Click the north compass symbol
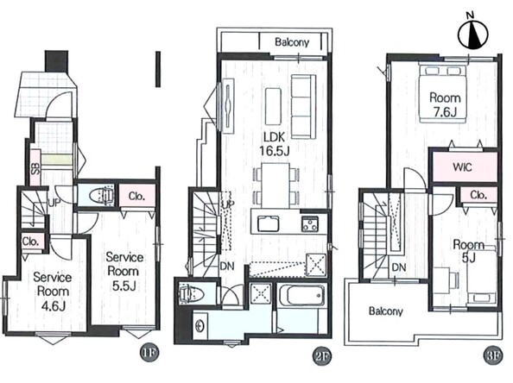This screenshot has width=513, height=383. click(472, 33)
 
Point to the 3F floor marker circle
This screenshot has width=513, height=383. click(492, 356)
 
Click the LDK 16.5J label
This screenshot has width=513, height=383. click(275, 144)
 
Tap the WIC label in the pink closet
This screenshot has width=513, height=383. click(462, 167)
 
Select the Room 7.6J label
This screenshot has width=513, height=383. click(445, 104)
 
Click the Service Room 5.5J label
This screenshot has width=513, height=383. click(124, 271)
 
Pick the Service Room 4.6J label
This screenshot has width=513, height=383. click(53, 292)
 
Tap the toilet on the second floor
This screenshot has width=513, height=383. click(191, 292)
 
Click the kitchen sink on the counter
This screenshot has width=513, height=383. click(269, 223)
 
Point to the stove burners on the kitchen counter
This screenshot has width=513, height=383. click(310, 224)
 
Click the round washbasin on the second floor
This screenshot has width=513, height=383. click(199, 326)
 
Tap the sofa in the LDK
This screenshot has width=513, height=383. click(304, 107)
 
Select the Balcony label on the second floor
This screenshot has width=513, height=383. click(292, 42)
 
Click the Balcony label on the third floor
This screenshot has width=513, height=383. click(386, 311)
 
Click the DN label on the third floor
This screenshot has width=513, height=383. click(399, 267)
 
